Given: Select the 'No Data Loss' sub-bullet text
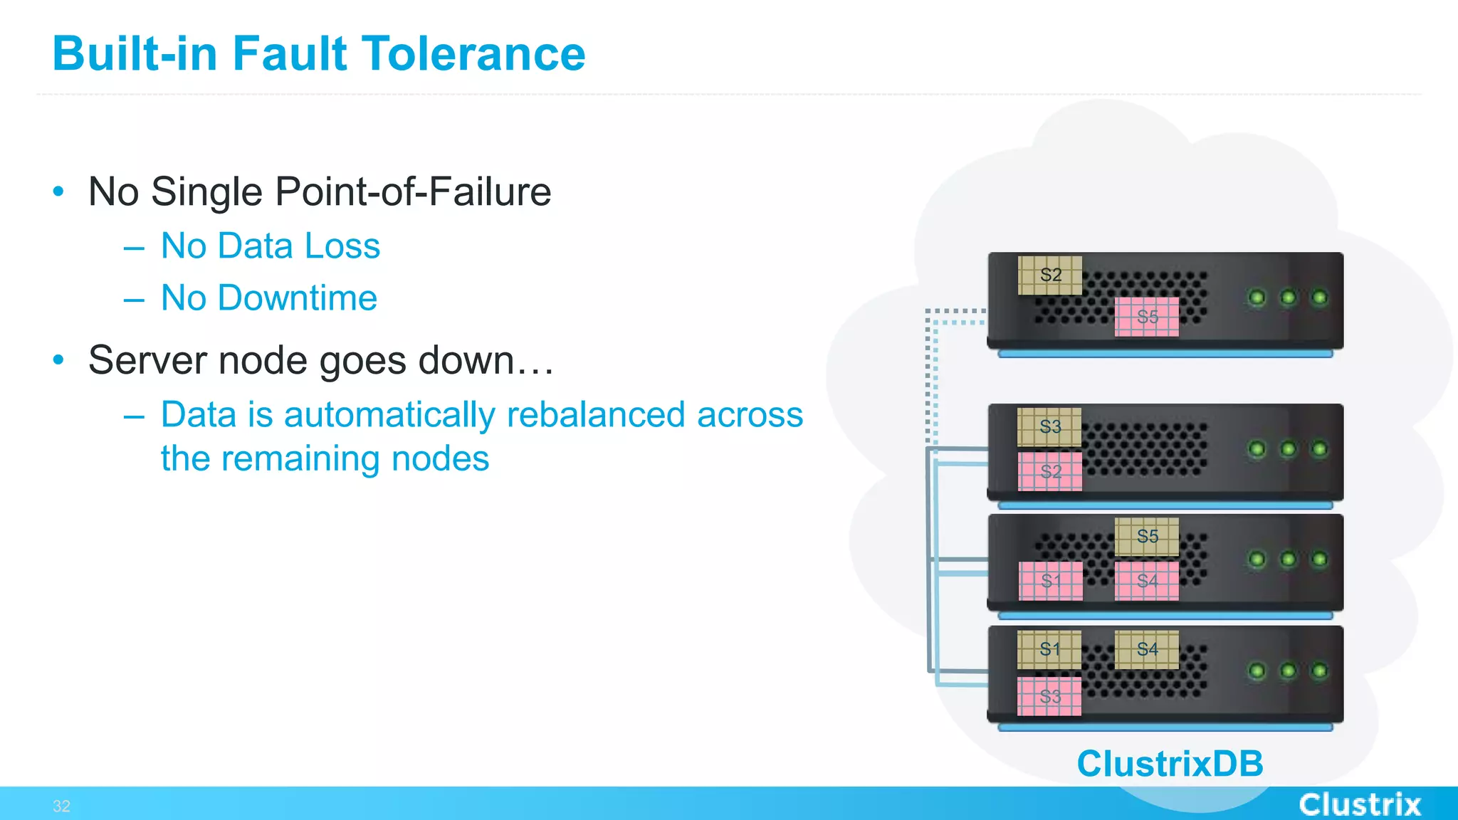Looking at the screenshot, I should pyautogui.click(x=271, y=246).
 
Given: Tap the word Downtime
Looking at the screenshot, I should pyautogui.click(x=297, y=298).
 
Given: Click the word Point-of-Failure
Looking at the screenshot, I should pyautogui.click(x=413, y=192).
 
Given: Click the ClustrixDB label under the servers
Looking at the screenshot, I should pyautogui.click(x=1170, y=764).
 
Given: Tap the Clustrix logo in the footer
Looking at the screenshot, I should pyautogui.click(x=1359, y=804).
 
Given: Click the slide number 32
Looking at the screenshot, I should pyautogui.click(x=61, y=806).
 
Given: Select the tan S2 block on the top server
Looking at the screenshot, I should pyautogui.click(x=1050, y=275).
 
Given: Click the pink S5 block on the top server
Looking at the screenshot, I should pyautogui.click(x=1146, y=317).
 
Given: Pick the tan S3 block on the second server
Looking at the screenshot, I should pyautogui.click(x=1049, y=427).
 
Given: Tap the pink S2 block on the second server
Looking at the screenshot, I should pyautogui.click(x=1050, y=471).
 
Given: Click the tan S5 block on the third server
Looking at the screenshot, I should pyautogui.click(x=1146, y=537).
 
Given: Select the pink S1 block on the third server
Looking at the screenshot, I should pyautogui.click(x=1050, y=581).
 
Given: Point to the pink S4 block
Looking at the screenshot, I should pyautogui.click(x=1146, y=581).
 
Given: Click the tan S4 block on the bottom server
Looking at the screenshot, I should pyautogui.click(x=1146, y=649).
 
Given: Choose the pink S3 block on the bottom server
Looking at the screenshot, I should pyautogui.click(x=1049, y=696).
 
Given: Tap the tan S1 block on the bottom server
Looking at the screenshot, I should pyautogui.click(x=1049, y=649).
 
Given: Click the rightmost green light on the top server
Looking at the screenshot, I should pyautogui.click(x=1319, y=298).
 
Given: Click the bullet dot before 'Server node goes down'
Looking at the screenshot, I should pyautogui.click(x=58, y=360).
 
